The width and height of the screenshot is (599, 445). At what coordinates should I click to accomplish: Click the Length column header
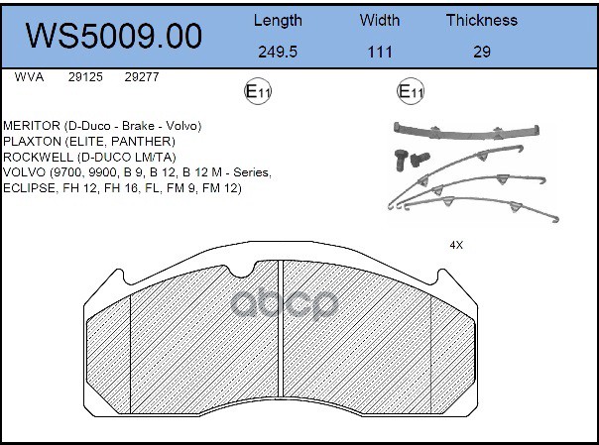[x=279, y=20]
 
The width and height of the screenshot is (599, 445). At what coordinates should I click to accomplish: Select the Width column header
[x=380, y=20]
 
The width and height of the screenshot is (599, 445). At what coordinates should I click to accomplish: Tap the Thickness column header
[x=481, y=20]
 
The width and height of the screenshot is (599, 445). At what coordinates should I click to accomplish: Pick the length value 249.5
[x=279, y=52]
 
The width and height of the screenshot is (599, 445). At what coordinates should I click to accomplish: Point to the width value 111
[x=380, y=52]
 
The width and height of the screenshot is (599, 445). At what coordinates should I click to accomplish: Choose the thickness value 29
[x=481, y=52]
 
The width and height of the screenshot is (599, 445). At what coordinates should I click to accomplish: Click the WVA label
[x=29, y=75]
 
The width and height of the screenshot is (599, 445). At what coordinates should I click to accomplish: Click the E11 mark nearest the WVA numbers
[x=258, y=92]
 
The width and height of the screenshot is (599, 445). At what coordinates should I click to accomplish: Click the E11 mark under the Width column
[x=411, y=92]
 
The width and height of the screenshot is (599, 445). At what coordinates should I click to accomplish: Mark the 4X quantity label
[x=458, y=245]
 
